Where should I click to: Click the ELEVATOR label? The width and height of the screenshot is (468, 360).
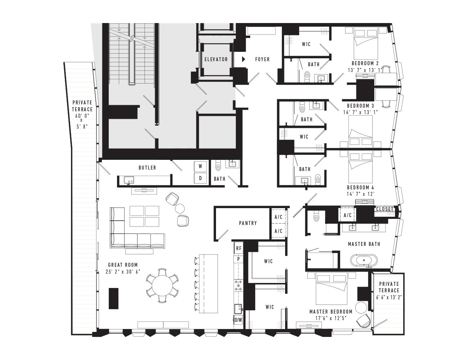216,59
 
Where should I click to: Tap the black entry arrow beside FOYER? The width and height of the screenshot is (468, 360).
244,59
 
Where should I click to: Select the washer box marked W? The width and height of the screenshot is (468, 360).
200,166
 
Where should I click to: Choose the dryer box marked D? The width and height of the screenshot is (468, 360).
200,178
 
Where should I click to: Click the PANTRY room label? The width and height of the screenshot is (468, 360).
248,223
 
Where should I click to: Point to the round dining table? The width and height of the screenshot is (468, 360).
162,286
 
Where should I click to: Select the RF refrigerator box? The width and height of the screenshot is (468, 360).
239,248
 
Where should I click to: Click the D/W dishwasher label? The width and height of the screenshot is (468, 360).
238,320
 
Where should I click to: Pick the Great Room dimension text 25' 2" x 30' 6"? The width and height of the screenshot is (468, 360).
123,272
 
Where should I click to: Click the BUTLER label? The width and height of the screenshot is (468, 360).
147,168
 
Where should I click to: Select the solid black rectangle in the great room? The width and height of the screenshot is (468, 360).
113,298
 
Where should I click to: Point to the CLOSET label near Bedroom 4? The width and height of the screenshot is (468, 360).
384,209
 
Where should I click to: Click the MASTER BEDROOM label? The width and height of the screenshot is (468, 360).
331,312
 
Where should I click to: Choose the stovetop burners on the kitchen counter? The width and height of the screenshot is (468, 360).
238,285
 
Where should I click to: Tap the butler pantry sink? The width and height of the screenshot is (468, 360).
129,180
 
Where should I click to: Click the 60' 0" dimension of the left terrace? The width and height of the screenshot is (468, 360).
82,116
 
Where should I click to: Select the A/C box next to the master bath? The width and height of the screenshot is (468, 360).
347,215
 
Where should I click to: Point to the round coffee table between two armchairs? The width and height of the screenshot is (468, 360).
180,208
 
